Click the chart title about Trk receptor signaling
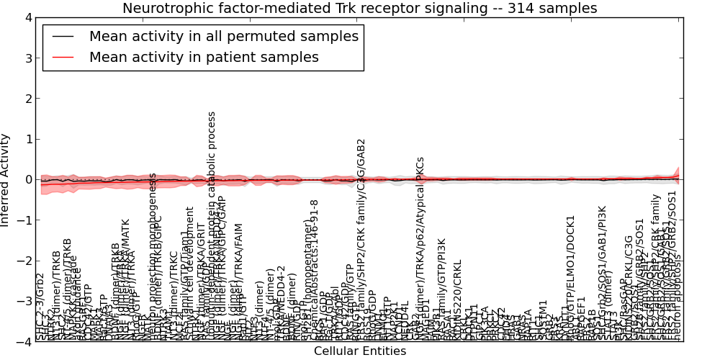coord(359,9)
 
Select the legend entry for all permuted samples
coord(223,37)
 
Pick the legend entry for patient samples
coord(204,58)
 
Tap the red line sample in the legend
coord(62,58)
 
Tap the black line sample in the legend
coord(62,37)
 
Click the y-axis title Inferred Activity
coord(6,180)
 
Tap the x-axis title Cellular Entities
coord(359,351)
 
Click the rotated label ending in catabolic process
coord(212,223)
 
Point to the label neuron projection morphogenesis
coord(153,252)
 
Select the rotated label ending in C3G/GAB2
coord(361,238)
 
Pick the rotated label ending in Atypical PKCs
coord(420,245)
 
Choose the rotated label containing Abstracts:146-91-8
coord(315,266)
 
